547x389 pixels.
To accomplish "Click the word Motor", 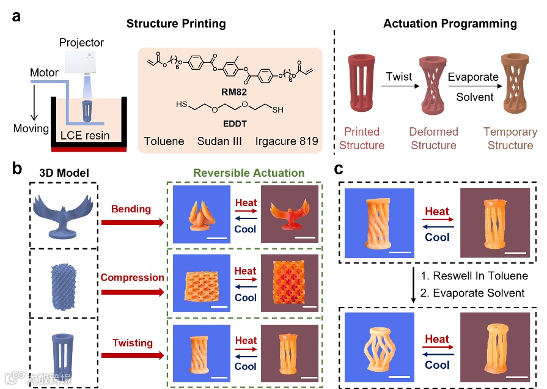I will click(x=45, y=73).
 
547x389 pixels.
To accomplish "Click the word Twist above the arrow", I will click(x=398, y=77).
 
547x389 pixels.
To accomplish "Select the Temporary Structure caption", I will click(x=510, y=139).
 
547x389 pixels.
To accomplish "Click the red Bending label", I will click(x=131, y=210).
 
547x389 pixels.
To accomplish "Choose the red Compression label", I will click(x=132, y=278).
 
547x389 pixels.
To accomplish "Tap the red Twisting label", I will click(x=132, y=344).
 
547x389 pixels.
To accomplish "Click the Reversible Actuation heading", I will click(x=249, y=173).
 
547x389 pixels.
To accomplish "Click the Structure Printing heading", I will click(x=176, y=24).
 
